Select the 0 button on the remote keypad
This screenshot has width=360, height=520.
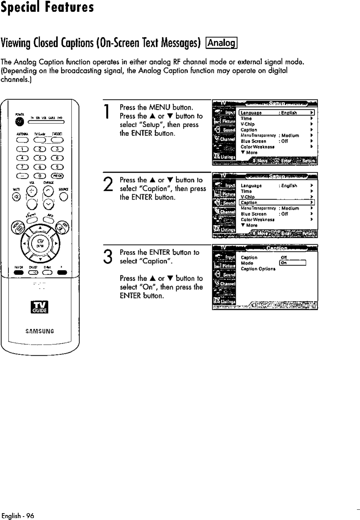[40, 175]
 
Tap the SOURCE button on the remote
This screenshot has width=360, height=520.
[64, 196]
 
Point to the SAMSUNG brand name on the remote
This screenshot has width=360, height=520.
[40, 331]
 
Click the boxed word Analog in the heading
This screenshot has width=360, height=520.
[221, 43]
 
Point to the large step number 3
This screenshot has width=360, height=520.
[108, 256]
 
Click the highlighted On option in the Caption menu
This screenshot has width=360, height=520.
[292, 263]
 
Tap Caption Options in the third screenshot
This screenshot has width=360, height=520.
[258, 269]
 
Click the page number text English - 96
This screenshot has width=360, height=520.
[18, 516]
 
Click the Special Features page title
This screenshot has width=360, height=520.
[47, 8]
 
